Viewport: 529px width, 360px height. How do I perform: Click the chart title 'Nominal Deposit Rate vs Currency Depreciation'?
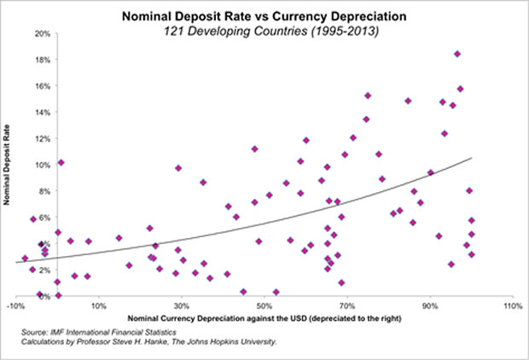click(x=264, y=15)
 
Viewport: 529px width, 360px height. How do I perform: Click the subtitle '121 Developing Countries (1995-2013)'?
click(x=264, y=31)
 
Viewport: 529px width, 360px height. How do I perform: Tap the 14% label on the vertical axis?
click(x=40, y=112)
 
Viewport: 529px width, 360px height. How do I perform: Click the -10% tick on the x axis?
click(x=15, y=305)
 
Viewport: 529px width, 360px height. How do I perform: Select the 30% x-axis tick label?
click(x=181, y=305)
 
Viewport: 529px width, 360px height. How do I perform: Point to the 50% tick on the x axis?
click(x=264, y=305)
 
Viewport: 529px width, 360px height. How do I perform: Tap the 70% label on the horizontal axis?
click(x=347, y=305)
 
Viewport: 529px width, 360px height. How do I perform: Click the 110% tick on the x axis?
click(x=512, y=305)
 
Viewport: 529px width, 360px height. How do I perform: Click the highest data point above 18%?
click(x=457, y=54)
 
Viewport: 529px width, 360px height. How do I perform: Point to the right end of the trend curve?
click(x=471, y=158)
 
